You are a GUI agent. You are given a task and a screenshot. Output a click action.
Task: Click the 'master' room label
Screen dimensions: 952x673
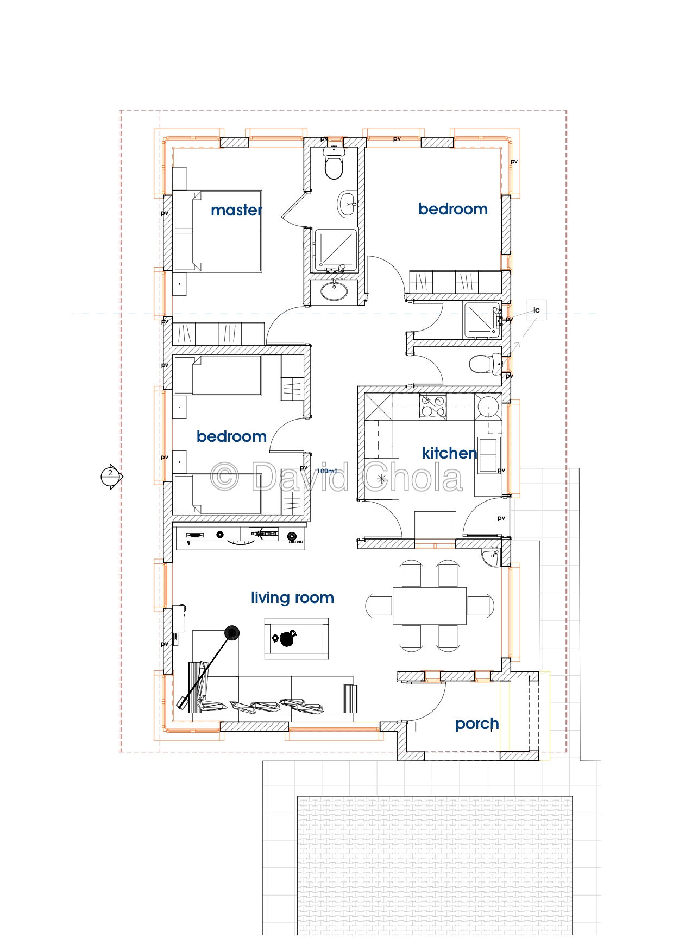coord(236,210)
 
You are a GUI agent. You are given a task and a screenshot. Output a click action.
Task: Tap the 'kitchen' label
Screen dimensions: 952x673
coord(449,453)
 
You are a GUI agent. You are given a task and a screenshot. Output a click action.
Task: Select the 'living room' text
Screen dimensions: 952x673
coord(292,598)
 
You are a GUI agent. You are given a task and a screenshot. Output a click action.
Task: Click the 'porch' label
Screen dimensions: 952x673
coord(476,724)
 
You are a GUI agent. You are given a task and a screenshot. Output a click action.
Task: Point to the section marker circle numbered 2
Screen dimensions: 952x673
coord(110,477)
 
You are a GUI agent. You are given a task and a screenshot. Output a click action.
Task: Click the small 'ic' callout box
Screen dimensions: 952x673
coord(536,310)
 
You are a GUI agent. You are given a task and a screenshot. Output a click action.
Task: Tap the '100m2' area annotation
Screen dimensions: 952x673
coord(327,471)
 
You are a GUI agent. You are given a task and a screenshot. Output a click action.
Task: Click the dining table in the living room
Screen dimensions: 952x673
coord(430,605)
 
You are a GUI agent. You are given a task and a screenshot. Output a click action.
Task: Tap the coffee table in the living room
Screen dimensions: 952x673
coord(296,638)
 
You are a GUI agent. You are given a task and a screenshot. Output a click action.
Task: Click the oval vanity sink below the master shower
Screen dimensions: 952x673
coord(334,291)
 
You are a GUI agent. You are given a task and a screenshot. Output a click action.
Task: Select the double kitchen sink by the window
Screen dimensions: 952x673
coord(488,455)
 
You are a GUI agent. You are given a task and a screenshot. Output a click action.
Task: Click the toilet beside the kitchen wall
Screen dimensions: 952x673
coord(482,364)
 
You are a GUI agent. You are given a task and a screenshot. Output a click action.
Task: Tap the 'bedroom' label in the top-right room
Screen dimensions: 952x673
coord(452,209)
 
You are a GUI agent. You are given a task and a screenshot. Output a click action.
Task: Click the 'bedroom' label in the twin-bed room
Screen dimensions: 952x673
coord(231,436)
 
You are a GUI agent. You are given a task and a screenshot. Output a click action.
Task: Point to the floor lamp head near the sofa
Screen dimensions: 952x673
coord(232,633)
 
